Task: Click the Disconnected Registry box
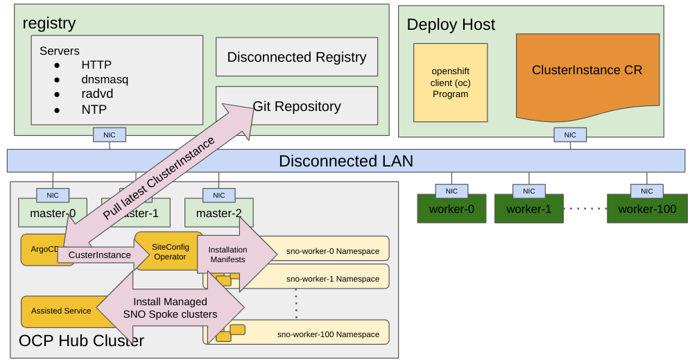point(297,57)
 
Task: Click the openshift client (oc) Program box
point(450,83)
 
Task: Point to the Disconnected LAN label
point(345,162)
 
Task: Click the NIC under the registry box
point(110,135)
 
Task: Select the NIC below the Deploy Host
point(569,135)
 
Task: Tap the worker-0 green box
point(451,209)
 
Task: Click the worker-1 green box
point(528,209)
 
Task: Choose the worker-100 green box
point(646,209)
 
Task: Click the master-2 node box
point(218,213)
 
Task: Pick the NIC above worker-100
point(646,191)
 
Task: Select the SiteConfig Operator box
point(170,252)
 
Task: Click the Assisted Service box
point(61,311)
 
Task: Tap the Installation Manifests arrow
point(227,255)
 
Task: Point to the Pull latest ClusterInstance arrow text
point(159,178)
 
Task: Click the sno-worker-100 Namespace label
point(328,334)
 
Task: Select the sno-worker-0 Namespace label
point(333,251)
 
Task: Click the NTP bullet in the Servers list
point(94,109)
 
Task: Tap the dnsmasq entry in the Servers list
point(104,79)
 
